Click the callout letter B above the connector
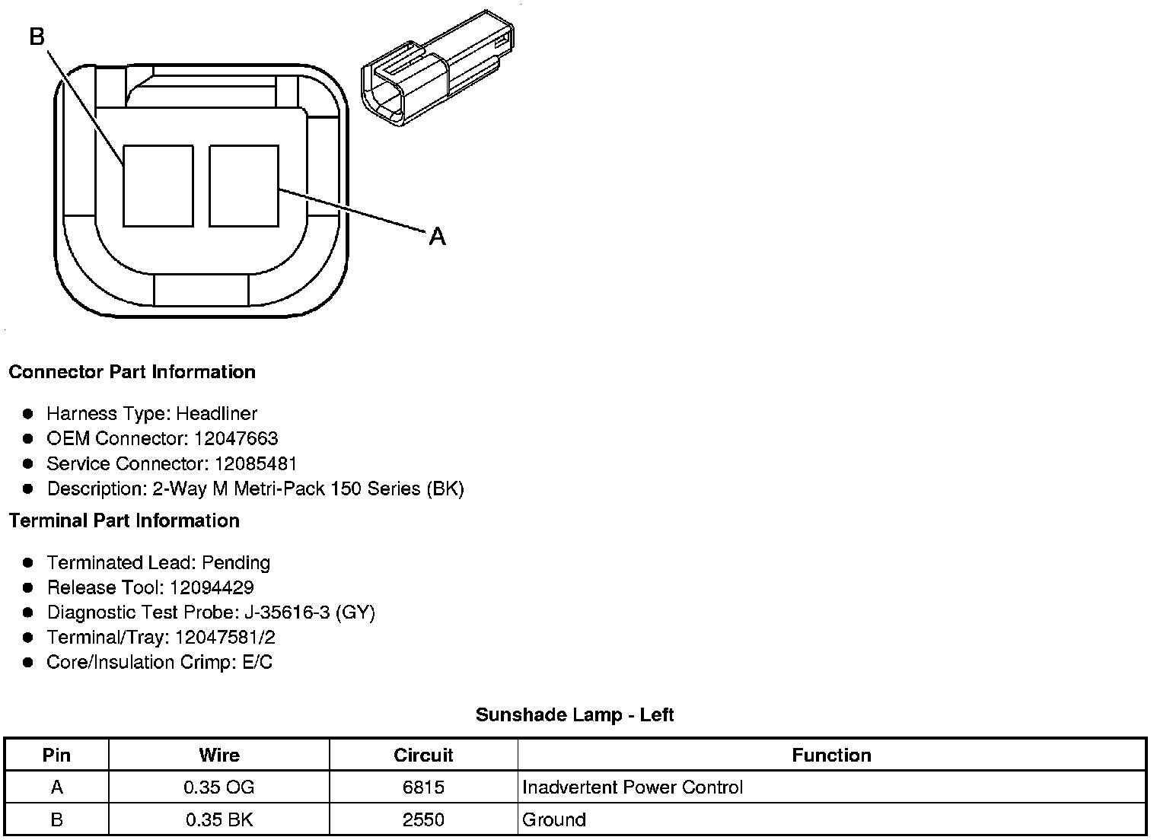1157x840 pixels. [x=37, y=37]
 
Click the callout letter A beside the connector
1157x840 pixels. [x=437, y=237]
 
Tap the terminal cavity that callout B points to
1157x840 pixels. [x=158, y=186]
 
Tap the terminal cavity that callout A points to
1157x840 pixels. [x=244, y=186]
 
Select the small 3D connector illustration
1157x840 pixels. [x=438, y=68]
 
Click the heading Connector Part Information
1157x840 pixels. [x=132, y=372]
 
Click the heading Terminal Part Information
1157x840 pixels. [x=125, y=520]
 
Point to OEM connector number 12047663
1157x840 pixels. [x=236, y=438]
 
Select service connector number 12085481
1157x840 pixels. [x=256, y=463]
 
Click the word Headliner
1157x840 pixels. [x=216, y=414]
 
